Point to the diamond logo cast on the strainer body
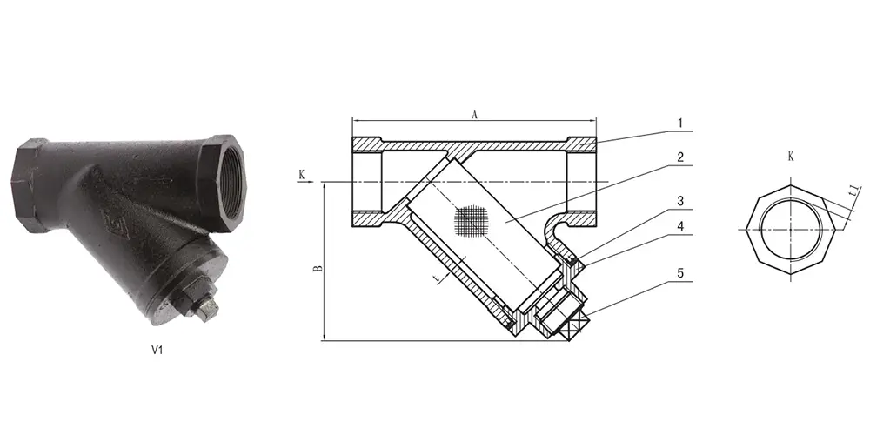(x=110, y=223)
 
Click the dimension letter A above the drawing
(x=474, y=113)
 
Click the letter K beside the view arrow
(x=302, y=174)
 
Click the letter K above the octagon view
(x=790, y=157)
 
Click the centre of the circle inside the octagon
(x=790, y=229)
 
